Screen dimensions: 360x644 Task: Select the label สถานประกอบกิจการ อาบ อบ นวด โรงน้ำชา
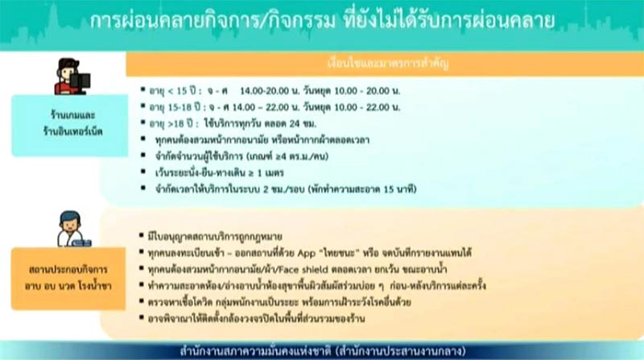70,271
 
